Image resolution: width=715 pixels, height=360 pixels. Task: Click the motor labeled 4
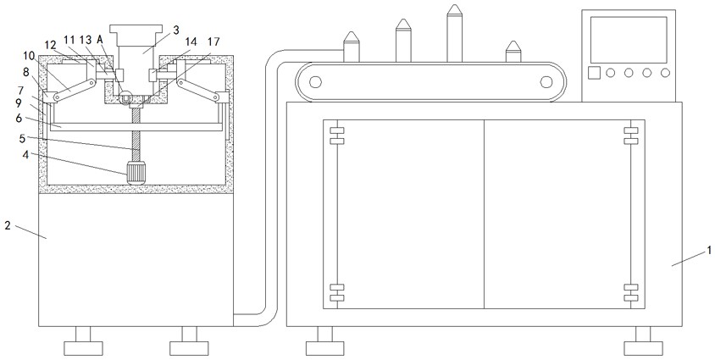click(x=136, y=172)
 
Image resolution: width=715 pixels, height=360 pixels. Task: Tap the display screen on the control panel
click(x=629, y=40)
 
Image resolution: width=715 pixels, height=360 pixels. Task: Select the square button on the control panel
click(x=594, y=73)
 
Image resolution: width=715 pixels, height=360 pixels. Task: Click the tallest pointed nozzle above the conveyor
click(x=454, y=33)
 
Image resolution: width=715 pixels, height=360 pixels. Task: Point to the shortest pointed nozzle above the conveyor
click(x=513, y=52)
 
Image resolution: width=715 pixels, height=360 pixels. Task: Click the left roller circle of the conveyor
click(x=315, y=82)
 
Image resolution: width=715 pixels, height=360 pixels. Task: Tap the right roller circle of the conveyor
click(x=546, y=82)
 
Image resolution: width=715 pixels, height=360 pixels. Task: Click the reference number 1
click(x=708, y=250)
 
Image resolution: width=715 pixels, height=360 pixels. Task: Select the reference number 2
click(x=8, y=225)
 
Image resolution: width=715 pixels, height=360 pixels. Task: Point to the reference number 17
click(x=213, y=42)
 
